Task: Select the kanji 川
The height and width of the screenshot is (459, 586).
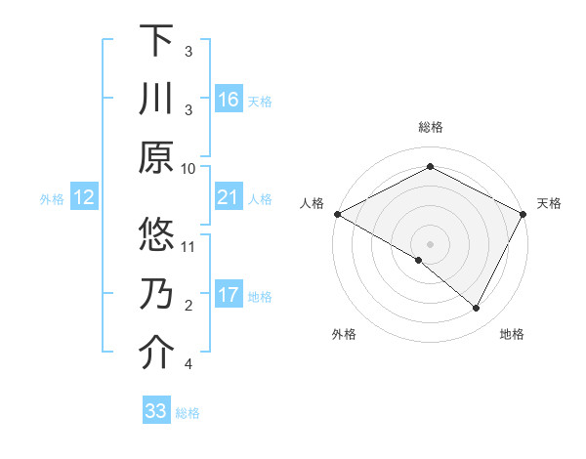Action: click(x=156, y=100)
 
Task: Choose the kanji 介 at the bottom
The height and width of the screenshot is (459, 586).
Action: click(x=156, y=354)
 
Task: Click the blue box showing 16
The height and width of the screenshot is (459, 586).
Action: click(x=229, y=99)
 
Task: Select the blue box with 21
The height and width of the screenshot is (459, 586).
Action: click(x=229, y=197)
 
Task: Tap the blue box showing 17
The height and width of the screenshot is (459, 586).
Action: click(x=229, y=295)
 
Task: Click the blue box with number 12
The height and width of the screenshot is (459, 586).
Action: click(x=84, y=197)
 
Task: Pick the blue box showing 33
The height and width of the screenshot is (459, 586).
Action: click(x=156, y=411)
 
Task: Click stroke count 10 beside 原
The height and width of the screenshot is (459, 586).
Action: click(x=189, y=168)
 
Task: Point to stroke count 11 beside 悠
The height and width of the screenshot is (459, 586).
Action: click(x=189, y=246)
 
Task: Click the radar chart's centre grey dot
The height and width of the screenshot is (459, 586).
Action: click(x=430, y=243)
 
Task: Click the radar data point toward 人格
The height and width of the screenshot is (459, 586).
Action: click(x=337, y=214)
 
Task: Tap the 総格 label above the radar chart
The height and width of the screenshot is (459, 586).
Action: click(x=430, y=128)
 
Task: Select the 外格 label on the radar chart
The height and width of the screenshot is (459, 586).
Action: click(x=343, y=334)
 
